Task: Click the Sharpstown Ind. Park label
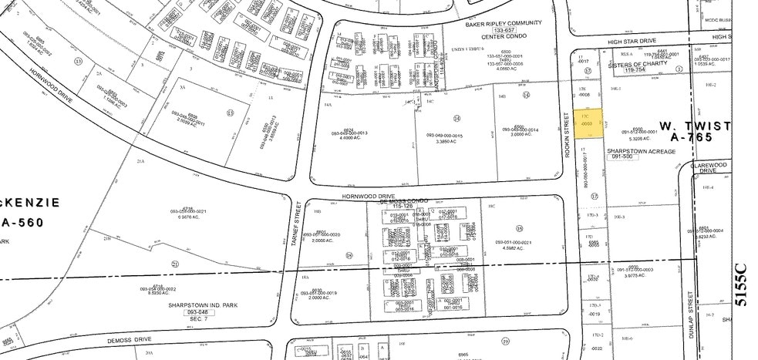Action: (x=200, y=304)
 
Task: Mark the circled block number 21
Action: (x=176, y=264)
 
